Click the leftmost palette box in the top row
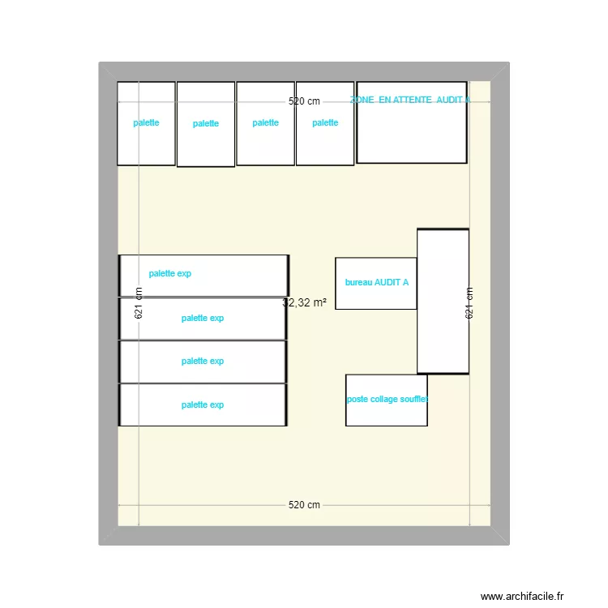pyautogui.click(x=147, y=123)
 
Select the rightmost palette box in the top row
pyautogui.click(x=325, y=123)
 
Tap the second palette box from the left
pyautogui.click(x=206, y=124)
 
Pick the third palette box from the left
pyautogui.click(x=265, y=123)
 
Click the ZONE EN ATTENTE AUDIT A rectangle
pyautogui.click(x=412, y=130)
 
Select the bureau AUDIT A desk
pyautogui.click(x=376, y=283)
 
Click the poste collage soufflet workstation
pyautogui.click(x=386, y=400)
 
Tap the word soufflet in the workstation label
pyautogui.click(x=413, y=400)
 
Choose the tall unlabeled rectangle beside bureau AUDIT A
pyautogui.click(x=443, y=302)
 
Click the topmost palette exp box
pyautogui.click(x=204, y=275)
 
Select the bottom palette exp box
pyautogui.click(x=203, y=405)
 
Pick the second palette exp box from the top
pyautogui.click(x=203, y=319)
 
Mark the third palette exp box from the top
pyautogui.click(x=203, y=362)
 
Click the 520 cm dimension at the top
pyautogui.click(x=305, y=101)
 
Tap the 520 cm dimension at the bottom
pyautogui.click(x=305, y=505)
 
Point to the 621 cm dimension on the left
pyautogui.click(x=139, y=302)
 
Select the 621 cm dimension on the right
pyautogui.click(x=469, y=302)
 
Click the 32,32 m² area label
pyautogui.click(x=305, y=302)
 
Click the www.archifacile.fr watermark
pyautogui.click(x=521, y=596)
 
